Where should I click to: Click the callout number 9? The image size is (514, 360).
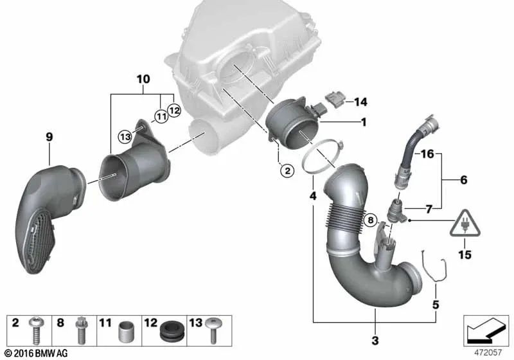pyautogui.click(x=49, y=136)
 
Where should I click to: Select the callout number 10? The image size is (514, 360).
pyautogui.click(x=142, y=79)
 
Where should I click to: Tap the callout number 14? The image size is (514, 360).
pyautogui.click(x=360, y=102)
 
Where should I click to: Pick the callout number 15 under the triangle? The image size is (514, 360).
pyautogui.click(x=464, y=255)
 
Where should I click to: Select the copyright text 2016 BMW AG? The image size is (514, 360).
pyautogui.click(x=35, y=354)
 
